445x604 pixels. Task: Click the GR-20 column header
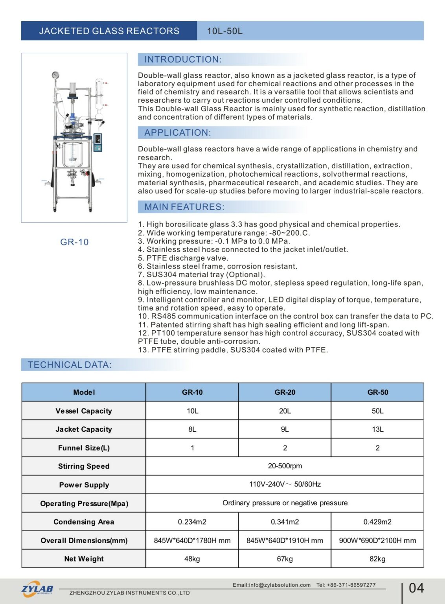285,392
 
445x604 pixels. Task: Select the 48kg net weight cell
192,559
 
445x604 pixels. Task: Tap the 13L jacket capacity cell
377,429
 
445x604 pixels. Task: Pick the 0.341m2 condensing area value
285,522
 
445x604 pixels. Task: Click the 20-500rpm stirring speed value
285,466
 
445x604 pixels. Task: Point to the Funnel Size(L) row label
84,448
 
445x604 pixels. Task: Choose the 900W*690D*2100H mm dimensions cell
377,540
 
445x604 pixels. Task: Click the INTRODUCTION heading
183,59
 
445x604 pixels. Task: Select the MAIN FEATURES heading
184,207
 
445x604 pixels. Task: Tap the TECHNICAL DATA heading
70,365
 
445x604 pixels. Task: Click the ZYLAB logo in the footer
37,589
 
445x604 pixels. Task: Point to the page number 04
416,588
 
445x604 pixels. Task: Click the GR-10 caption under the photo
74,242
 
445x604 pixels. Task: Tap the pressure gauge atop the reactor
55,75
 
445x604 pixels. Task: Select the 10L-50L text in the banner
224,31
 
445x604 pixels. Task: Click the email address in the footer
272,585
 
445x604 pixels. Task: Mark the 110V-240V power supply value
285,484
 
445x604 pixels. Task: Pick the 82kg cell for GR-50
377,559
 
